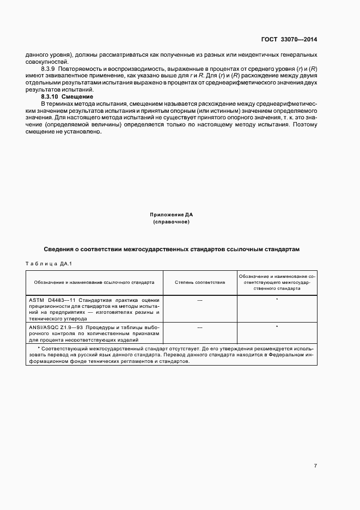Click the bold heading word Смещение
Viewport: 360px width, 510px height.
tap(78, 96)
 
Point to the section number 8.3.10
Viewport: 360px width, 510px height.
tap(51, 96)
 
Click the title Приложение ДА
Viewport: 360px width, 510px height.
tap(172, 215)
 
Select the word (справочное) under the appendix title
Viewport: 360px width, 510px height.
tap(172, 222)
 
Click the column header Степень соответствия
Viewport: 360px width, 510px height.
tap(200, 283)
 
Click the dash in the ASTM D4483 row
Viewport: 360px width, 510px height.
tap(200, 300)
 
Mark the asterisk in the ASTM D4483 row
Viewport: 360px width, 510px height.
tap(277, 300)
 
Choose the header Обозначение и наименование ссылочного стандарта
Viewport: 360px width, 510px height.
tap(94, 283)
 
